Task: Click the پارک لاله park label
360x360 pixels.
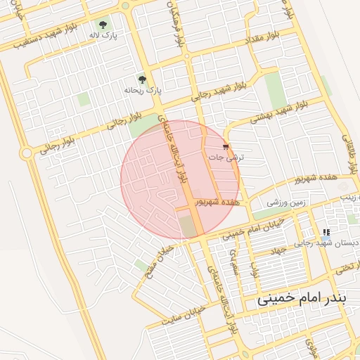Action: point(103,34)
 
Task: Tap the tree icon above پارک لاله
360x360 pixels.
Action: point(105,23)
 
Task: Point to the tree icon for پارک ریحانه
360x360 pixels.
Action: point(143,80)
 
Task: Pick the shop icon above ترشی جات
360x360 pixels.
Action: point(225,147)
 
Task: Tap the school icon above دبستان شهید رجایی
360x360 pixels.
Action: point(326,232)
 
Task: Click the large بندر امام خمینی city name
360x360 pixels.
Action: point(302,298)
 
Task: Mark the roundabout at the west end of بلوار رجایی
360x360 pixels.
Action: point(26,153)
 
